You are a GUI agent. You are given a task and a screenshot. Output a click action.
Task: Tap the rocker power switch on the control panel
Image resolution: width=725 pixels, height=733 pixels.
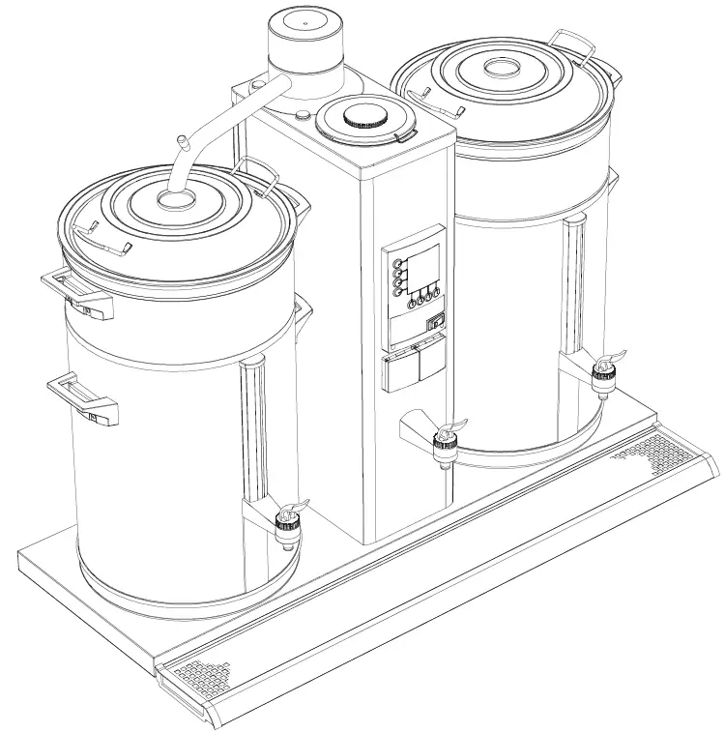click(x=435, y=323)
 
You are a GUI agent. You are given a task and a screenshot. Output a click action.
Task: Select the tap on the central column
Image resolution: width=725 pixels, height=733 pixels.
click(x=446, y=442)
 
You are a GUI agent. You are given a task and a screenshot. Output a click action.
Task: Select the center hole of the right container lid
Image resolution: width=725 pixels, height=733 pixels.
click(x=501, y=68)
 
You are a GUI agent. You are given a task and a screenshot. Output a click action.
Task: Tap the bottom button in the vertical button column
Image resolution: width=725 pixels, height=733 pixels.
click(x=396, y=293)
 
